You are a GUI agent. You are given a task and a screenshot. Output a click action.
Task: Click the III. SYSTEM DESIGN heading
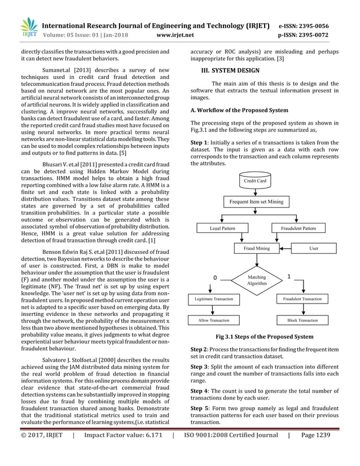point(230,71)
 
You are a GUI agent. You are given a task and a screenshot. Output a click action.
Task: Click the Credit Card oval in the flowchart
point(255,181)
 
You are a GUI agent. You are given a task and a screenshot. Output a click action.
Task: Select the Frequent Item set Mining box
point(256,201)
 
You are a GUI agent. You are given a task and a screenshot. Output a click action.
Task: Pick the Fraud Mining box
point(256,248)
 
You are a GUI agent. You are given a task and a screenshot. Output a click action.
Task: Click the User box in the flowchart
point(314,248)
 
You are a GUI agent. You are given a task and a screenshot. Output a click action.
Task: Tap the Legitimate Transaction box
point(213,298)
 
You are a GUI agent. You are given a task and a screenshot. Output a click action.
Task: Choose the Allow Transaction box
point(213,320)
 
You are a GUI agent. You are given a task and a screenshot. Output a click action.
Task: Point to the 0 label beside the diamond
point(214,278)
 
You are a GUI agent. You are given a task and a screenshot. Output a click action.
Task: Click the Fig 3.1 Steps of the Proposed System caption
point(264,337)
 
